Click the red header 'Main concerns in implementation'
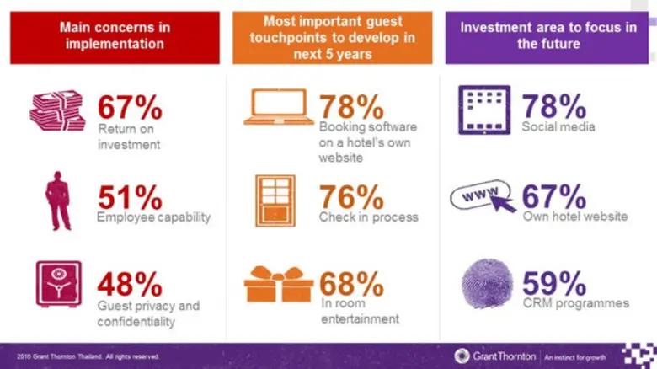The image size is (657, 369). [114, 35]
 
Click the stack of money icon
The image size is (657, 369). [57, 111]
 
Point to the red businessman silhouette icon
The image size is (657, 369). [59, 201]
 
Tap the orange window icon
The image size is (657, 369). [275, 201]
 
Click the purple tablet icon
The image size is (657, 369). [484, 110]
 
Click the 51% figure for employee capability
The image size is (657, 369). [130, 197]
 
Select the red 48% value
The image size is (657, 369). [130, 282]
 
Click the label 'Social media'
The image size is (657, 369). [558, 127]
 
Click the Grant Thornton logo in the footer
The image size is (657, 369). [494, 356]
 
